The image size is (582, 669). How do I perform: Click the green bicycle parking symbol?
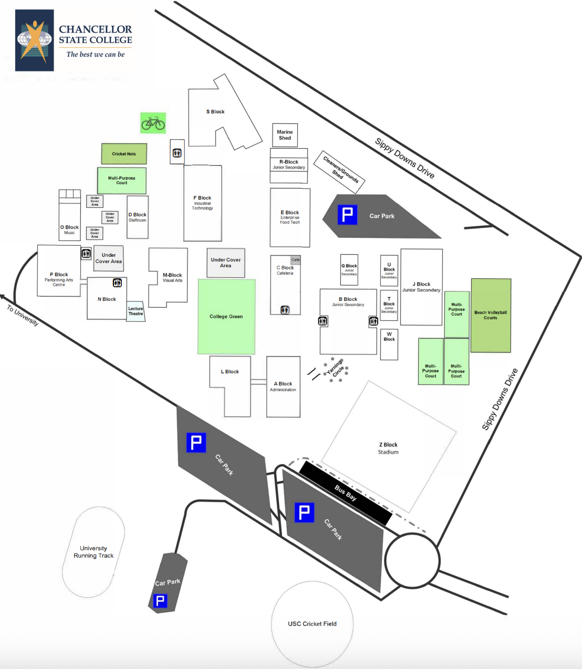(x=153, y=123)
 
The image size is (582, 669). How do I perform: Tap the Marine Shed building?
(x=285, y=135)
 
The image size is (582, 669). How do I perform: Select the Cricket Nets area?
(x=124, y=154)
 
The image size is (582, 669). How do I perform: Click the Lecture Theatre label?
(x=136, y=311)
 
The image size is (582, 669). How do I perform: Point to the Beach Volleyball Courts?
(x=491, y=315)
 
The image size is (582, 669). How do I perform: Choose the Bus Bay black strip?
(x=346, y=493)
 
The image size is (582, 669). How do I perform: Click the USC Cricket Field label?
(x=312, y=624)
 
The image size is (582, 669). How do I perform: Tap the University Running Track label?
(x=93, y=552)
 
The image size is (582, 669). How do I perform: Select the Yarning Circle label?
(x=336, y=368)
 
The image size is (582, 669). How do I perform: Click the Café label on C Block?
(x=295, y=260)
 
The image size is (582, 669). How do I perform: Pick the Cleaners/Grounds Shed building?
(x=339, y=171)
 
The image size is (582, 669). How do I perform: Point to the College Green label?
(x=226, y=317)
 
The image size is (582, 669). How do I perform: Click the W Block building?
(x=389, y=344)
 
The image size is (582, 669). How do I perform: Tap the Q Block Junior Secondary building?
(x=349, y=269)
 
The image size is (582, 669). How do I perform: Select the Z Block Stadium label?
(x=388, y=448)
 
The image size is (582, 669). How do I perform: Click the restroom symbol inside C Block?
(x=285, y=310)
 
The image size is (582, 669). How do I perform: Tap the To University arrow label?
(x=23, y=316)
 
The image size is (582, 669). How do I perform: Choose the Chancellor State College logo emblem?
(x=35, y=40)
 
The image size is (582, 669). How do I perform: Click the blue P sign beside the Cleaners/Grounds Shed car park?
(x=347, y=215)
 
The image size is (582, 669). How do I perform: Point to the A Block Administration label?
(x=283, y=386)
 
